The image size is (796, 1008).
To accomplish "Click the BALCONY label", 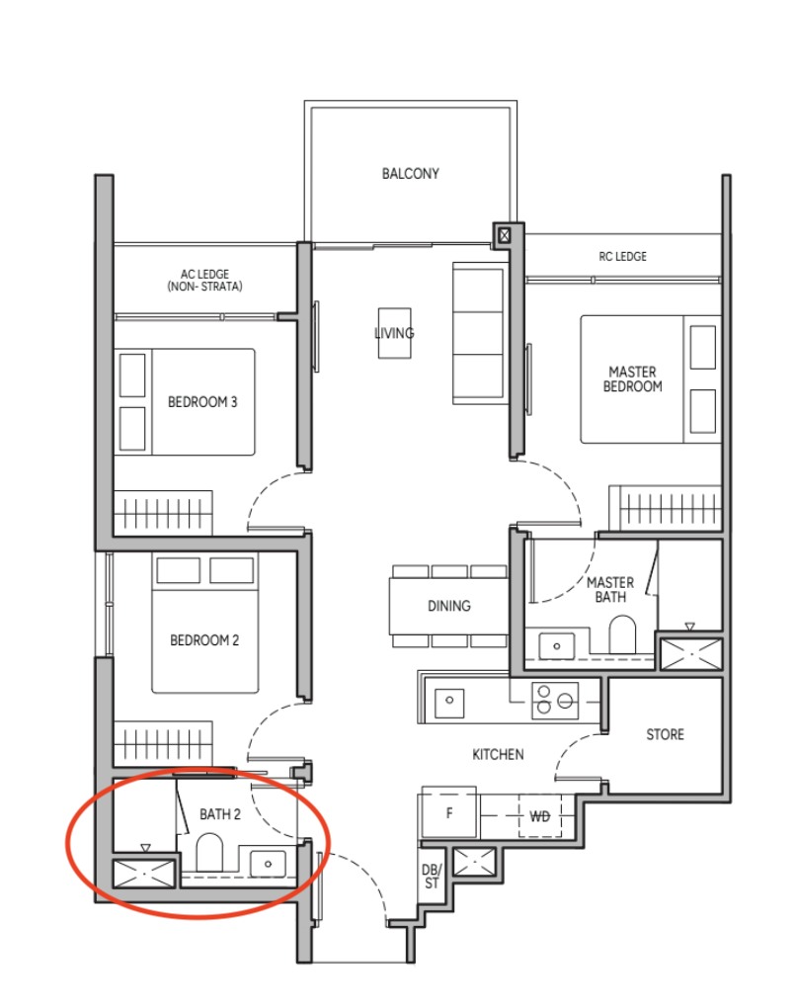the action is coord(411,174).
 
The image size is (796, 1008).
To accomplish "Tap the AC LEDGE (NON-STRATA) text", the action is coord(205,281).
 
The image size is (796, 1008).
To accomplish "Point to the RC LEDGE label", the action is coord(622,257).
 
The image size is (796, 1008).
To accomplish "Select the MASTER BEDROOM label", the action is coord(633,379).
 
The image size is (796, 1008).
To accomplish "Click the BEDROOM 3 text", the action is coord(202,402).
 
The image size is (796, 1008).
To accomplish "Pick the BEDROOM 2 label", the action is coord(204,640).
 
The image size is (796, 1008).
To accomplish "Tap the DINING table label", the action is coord(449,606).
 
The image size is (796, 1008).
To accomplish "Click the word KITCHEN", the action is coord(498,755).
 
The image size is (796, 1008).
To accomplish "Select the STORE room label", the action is coord(665,735).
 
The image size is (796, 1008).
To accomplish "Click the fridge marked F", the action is coord(448,811).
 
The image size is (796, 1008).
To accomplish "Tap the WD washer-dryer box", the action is coord(539,815).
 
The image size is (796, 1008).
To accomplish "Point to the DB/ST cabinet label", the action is coord(432,877).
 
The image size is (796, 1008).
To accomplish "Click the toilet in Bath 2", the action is coord(208,853).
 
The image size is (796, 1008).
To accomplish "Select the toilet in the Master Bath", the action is coord(622,634).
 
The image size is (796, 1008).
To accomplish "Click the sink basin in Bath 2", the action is coord(268,864).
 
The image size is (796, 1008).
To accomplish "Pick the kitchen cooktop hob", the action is coord(555,700).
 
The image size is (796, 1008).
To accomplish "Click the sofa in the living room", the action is coord(478,333).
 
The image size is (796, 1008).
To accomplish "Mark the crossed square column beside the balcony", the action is coord(505,235).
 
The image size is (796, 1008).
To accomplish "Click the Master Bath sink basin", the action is coord(556,646).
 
